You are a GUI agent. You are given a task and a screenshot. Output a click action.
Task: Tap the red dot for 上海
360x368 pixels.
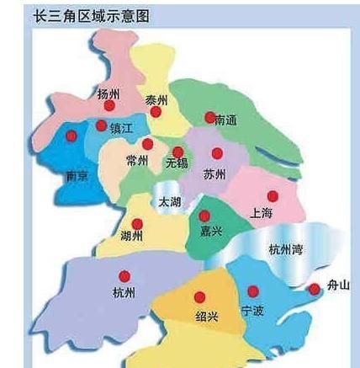[x=273, y=196]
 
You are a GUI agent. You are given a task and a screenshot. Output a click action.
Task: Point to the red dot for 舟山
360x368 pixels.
[x=314, y=289]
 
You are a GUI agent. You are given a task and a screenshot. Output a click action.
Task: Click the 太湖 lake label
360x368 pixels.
[x=169, y=202]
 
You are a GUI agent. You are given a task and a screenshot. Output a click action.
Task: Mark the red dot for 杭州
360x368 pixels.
[x=124, y=275]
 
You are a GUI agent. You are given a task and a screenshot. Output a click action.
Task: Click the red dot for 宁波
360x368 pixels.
[x=253, y=291]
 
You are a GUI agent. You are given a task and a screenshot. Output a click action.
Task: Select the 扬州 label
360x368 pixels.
[x=109, y=93]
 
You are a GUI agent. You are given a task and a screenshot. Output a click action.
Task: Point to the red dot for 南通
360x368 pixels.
[x=210, y=118]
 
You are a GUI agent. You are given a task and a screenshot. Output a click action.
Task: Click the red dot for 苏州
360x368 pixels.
[x=217, y=154]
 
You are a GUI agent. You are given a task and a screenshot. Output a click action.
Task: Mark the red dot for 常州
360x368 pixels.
[x=148, y=145]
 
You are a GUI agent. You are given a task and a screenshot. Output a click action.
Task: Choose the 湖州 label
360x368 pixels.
[x=132, y=235]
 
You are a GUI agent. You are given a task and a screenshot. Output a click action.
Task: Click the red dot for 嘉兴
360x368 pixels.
[x=204, y=216]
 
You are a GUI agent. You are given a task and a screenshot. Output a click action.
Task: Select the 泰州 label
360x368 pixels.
[x=156, y=99]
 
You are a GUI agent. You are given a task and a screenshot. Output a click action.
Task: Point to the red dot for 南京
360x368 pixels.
[x=71, y=136]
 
